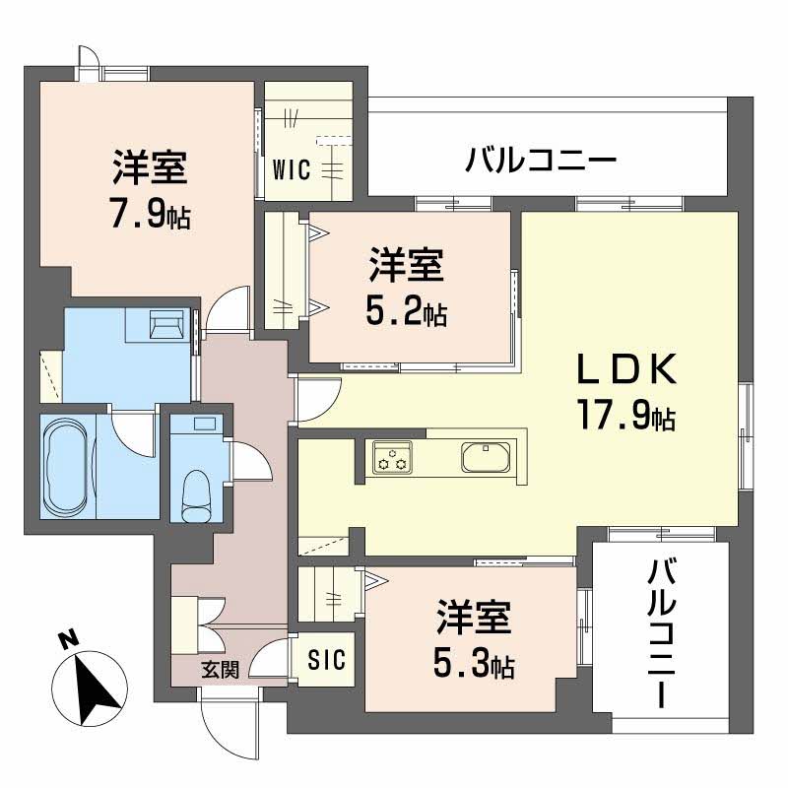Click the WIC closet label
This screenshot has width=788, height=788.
click(x=293, y=169)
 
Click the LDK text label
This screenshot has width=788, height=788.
click(x=625, y=371)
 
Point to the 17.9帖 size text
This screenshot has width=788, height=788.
click(x=625, y=420)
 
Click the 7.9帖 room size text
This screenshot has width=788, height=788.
click(x=150, y=215)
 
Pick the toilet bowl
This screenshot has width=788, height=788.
click(x=198, y=492)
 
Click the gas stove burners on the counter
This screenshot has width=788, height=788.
click(x=393, y=457)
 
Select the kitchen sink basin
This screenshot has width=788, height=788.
click(x=485, y=457)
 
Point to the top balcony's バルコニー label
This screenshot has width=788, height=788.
click(x=542, y=158)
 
